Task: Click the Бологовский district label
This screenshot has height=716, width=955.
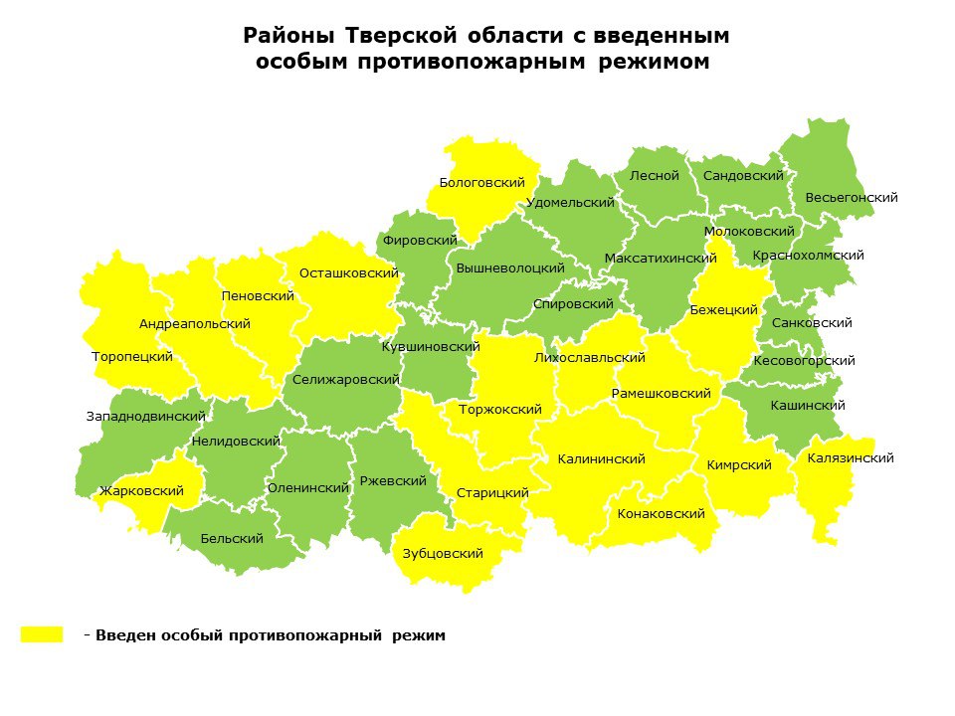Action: pyautogui.click(x=481, y=183)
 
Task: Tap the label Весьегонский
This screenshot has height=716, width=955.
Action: pyautogui.click(x=852, y=198)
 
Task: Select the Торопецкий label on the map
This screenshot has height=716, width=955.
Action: pyautogui.click(x=132, y=357)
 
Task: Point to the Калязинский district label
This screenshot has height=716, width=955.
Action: pyautogui.click(x=851, y=458)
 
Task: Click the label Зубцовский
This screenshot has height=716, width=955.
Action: pyautogui.click(x=443, y=554)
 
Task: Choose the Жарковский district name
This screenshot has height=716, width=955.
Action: pyautogui.click(x=141, y=491)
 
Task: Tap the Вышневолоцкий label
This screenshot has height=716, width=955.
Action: pyautogui.click(x=510, y=268)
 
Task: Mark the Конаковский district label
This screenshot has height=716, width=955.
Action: pyautogui.click(x=661, y=514)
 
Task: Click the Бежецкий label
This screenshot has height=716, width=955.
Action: pyautogui.click(x=724, y=310)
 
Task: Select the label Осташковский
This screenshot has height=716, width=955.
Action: pyautogui.click(x=349, y=272)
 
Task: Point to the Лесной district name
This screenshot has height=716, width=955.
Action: pyautogui.click(x=655, y=176)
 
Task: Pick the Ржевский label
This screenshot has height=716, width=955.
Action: pyautogui.click(x=393, y=481)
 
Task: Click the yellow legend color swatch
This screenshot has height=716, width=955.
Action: pyautogui.click(x=42, y=634)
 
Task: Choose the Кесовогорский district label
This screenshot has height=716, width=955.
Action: pyautogui.click(x=805, y=361)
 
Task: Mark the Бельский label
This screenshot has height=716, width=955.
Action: pyautogui.click(x=232, y=539)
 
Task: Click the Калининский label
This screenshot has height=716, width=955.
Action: pyautogui.click(x=601, y=459)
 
